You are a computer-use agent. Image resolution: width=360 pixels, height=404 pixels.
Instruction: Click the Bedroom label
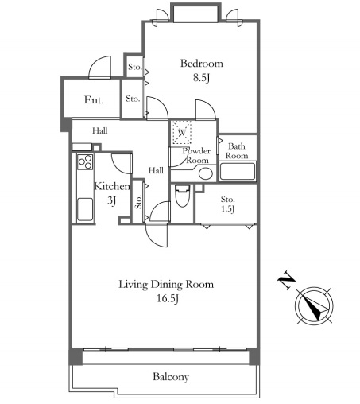click(x=202, y=64)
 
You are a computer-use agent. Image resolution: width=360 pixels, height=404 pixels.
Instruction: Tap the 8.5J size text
click(x=201, y=78)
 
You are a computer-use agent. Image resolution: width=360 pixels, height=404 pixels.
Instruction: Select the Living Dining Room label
click(x=166, y=285)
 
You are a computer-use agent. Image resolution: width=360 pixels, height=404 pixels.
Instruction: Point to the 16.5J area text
click(x=168, y=299)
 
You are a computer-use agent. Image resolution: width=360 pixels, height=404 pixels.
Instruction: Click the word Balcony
click(x=171, y=377)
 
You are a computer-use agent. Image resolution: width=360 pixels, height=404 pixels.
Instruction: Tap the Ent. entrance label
click(x=94, y=100)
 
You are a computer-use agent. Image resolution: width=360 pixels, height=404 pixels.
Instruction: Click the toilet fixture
click(x=183, y=196)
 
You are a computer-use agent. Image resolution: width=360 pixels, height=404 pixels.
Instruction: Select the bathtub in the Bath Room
click(x=238, y=172)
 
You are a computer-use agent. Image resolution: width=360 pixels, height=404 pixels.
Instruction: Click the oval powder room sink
click(x=206, y=173)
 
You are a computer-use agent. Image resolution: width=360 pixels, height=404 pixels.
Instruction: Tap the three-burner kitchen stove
click(x=85, y=162)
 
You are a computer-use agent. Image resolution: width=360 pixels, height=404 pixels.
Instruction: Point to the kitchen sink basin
click(x=85, y=209)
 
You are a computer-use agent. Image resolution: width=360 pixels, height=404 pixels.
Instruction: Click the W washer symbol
click(x=181, y=132)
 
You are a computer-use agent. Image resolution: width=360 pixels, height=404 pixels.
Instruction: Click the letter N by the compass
click(x=286, y=280)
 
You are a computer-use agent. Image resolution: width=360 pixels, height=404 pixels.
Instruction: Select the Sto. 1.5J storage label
click(x=227, y=204)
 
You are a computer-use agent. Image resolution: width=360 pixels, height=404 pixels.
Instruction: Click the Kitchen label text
click(x=112, y=186)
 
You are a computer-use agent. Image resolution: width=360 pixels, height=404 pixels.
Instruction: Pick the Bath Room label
click(x=237, y=151)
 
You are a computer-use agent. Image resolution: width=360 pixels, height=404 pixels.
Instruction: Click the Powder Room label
click(x=196, y=156)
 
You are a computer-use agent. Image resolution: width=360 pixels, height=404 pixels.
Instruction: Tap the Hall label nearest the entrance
click(x=100, y=130)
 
